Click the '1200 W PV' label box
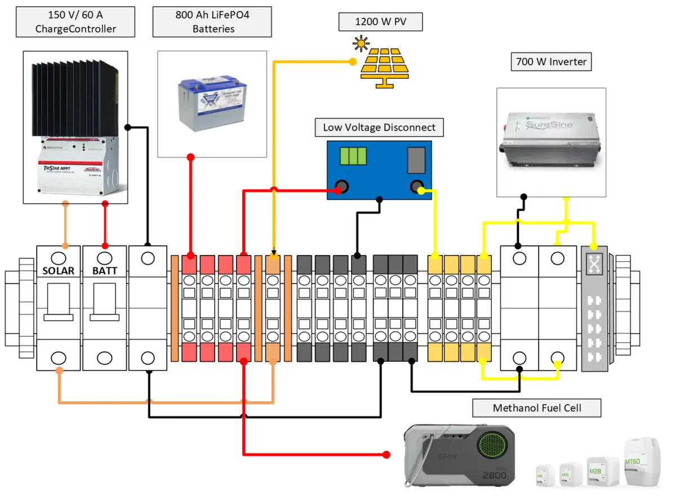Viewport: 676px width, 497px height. [380, 23]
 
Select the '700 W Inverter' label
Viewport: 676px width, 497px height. [551, 61]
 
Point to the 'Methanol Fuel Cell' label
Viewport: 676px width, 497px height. [536, 408]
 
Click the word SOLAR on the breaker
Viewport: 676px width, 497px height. [58, 271]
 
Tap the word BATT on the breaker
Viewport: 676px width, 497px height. [104, 271]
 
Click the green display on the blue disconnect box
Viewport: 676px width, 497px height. [353, 156]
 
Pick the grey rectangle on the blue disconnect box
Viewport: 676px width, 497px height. [416, 159]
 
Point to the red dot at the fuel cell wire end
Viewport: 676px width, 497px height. [386, 454]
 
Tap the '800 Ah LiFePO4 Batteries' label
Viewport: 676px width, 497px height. [212, 22]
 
